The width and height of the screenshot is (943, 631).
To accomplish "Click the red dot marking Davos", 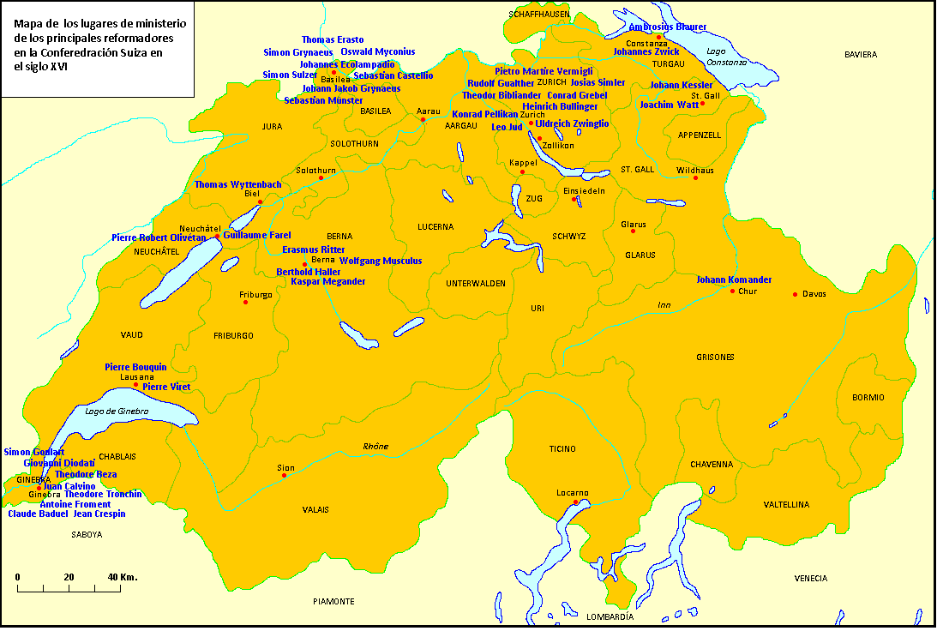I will coord(795,294).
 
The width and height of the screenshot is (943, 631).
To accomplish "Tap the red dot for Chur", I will coord(732,291).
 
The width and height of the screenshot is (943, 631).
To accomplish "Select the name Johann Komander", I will coord(734,279).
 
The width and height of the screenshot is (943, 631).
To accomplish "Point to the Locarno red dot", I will coord(576,502).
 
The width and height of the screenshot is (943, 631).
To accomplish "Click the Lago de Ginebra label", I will coord(117,412).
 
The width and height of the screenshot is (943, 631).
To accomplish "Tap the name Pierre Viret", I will coord(166,387).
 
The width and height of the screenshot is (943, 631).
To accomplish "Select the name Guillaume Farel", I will coord(256,235).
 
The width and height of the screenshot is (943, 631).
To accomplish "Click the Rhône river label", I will coord(375,446).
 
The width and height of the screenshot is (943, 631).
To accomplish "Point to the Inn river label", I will coord(664,305).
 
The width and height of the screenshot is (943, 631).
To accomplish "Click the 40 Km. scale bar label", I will coord(122,577).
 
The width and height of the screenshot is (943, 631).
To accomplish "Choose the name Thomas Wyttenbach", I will coord(237,184).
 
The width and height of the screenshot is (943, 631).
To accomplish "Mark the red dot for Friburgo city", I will coord(245,302).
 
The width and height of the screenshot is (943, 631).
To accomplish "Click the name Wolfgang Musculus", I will coord(381,260).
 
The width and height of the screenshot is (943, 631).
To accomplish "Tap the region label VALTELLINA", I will coord(786,505).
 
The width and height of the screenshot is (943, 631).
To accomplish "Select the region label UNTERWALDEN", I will coord(476,283).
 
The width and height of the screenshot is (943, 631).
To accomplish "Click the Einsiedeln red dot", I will coord(574,199).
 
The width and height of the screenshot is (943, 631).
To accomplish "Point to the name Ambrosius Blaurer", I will coord(668,27).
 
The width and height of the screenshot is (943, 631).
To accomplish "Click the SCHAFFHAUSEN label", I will coord(539,15).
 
